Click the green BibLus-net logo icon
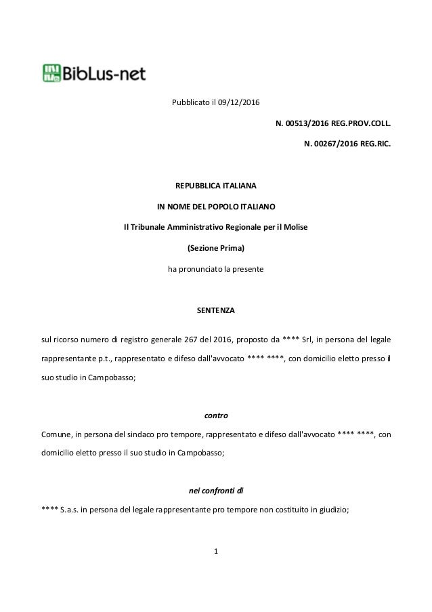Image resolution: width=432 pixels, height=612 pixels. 52,72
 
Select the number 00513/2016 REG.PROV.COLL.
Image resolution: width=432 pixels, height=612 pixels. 332,124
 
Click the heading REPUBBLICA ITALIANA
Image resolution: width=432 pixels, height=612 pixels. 216,185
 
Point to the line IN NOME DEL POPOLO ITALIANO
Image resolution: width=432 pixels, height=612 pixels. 216,205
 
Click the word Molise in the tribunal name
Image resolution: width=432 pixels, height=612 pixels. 296,226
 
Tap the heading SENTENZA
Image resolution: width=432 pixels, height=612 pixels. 216,309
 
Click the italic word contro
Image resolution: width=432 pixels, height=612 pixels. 216,413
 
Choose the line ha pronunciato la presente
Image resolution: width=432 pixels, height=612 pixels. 216,268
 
